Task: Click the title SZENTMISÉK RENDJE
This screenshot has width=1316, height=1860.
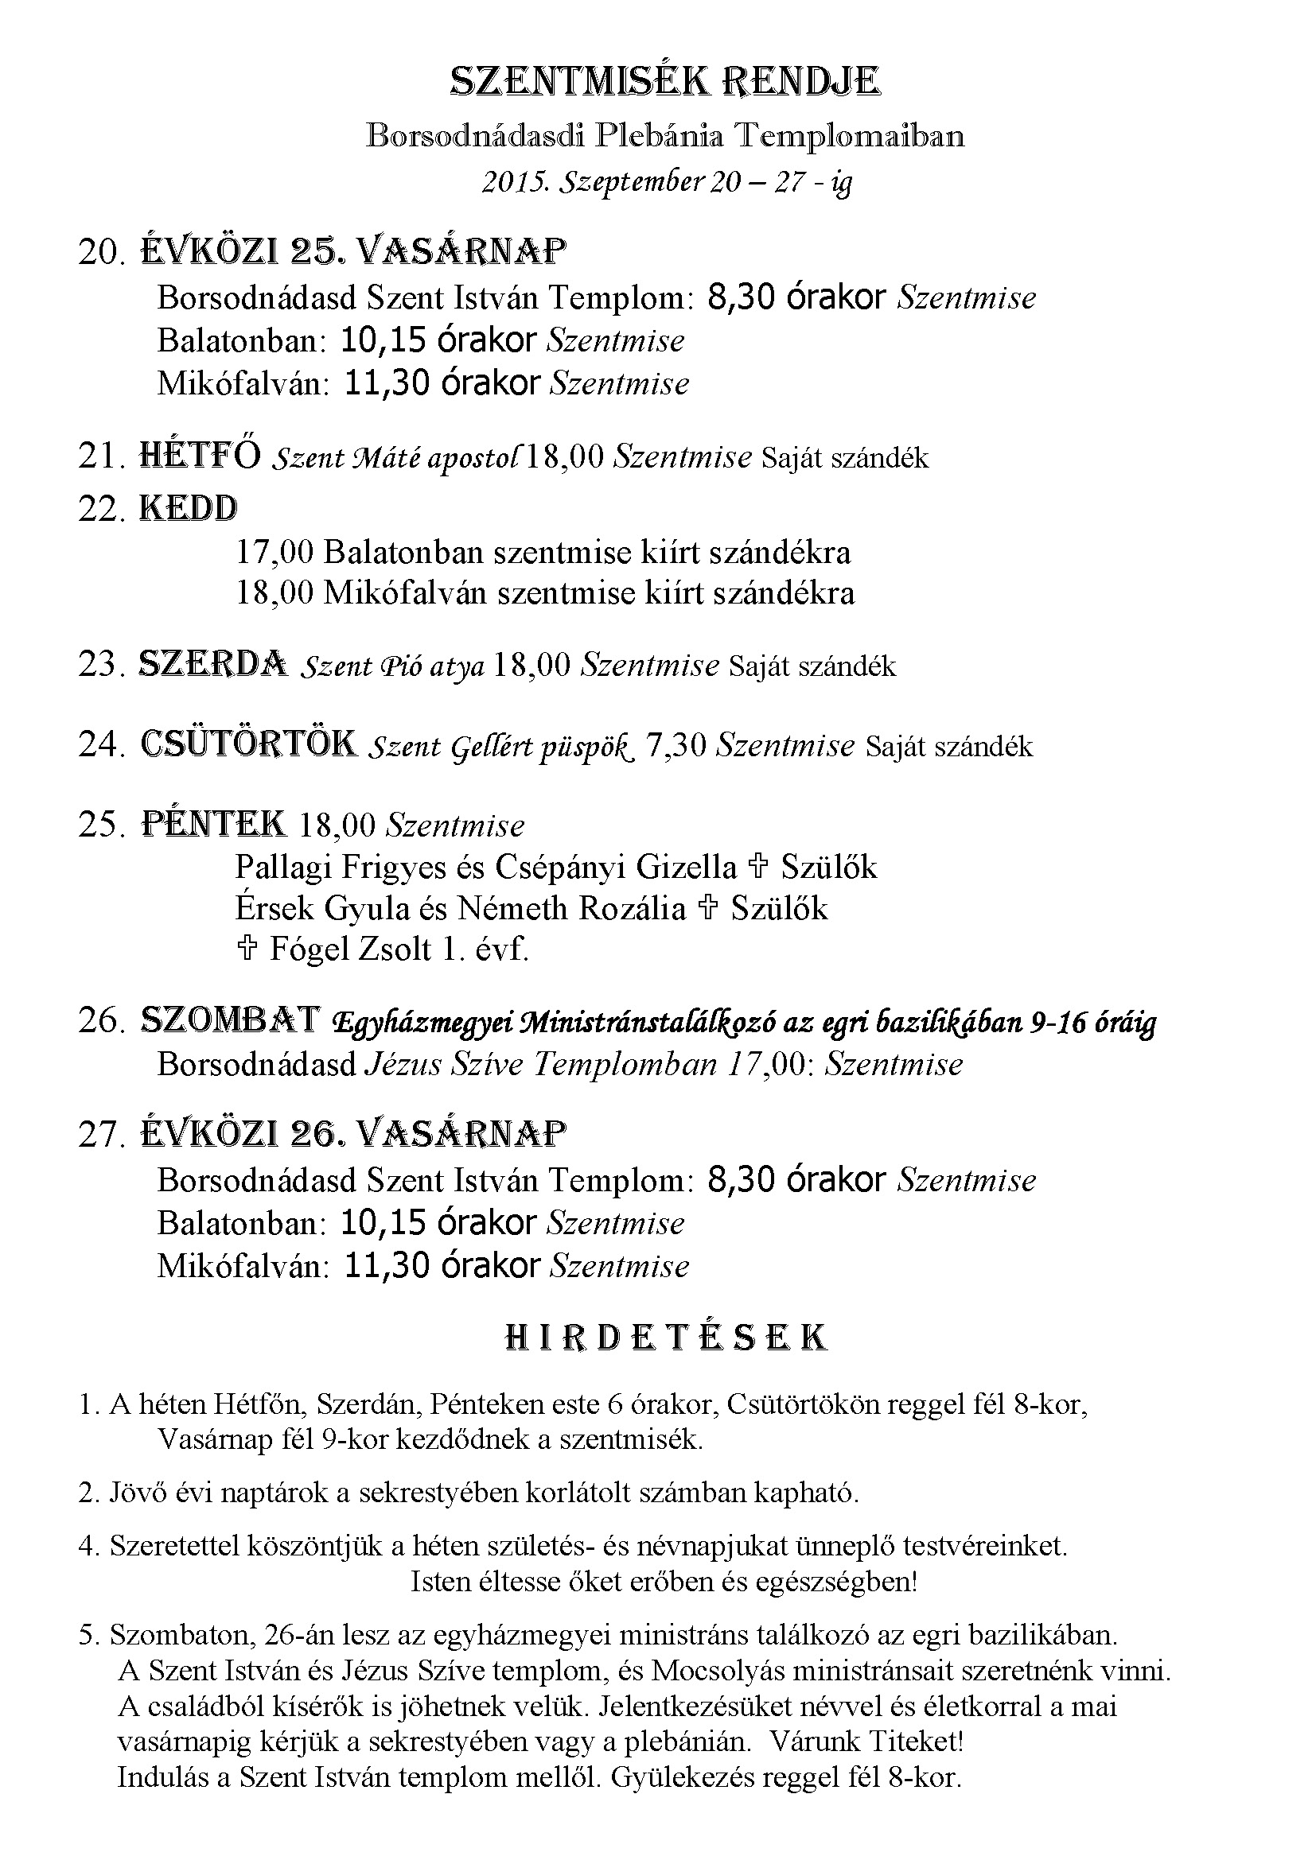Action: point(664,82)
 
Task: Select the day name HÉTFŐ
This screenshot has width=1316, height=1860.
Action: point(200,456)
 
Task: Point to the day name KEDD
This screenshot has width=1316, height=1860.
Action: point(189,509)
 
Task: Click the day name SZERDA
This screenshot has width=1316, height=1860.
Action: point(213,664)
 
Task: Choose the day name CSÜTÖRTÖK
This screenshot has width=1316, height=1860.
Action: point(249,744)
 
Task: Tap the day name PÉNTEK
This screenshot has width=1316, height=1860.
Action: point(214,824)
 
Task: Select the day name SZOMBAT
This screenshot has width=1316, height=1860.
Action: point(231,1020)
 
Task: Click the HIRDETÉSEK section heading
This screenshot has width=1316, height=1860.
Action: point(665,1338)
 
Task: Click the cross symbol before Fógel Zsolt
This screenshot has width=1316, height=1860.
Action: point(247,947)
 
